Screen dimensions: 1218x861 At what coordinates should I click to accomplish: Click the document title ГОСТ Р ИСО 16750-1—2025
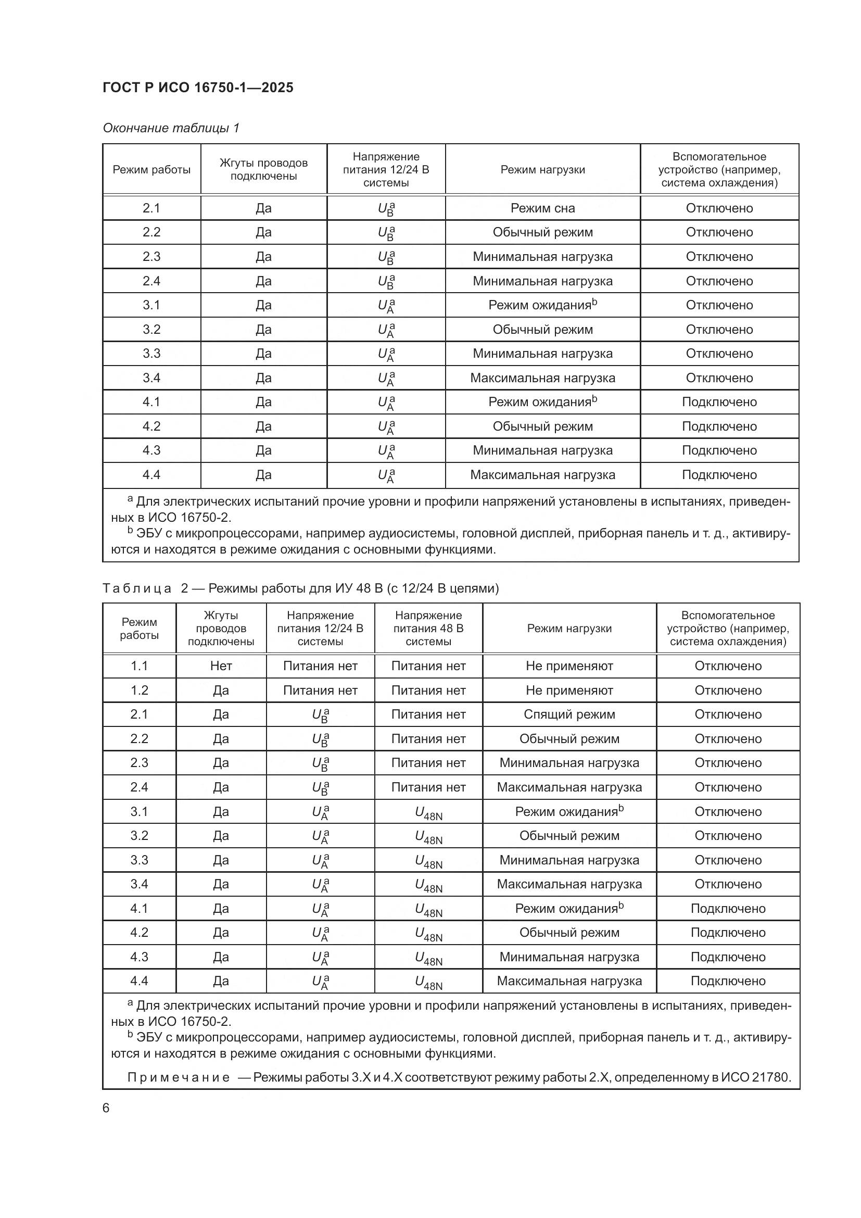click(198, 87)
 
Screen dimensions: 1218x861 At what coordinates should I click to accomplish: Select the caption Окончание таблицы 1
click(171, 128)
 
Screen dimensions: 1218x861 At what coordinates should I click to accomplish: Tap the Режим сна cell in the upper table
click(542, 208)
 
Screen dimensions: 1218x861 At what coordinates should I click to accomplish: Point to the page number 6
click(106, 1108)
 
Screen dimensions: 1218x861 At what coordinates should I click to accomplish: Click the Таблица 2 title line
click(300, 588)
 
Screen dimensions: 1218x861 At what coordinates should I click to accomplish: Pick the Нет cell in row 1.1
click(221, 666)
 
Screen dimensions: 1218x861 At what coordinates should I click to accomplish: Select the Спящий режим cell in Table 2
click(569, 714)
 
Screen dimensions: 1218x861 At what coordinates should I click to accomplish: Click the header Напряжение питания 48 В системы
click(428, 628)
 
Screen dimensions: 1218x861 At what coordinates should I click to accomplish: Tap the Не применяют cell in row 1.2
click(569, 690)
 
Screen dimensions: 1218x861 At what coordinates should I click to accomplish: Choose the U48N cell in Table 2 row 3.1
click(428, 812)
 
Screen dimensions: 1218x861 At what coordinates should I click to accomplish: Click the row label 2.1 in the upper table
click(151, 208)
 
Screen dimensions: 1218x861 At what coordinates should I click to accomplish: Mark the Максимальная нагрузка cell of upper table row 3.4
click(542, 378)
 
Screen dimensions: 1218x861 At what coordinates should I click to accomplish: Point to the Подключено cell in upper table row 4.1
click(719, 401)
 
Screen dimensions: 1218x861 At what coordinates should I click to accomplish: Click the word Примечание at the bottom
click(179, 1077)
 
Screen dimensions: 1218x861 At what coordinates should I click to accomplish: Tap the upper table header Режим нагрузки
click(542, 170)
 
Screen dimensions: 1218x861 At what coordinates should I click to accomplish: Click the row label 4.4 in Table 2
click(139, 981)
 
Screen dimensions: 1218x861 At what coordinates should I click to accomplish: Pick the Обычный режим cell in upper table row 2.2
click(542, 232)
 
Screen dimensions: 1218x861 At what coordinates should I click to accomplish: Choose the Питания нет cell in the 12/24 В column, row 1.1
click(320, 666)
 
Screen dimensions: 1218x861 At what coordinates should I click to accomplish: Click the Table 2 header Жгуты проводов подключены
click(221, 628)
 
